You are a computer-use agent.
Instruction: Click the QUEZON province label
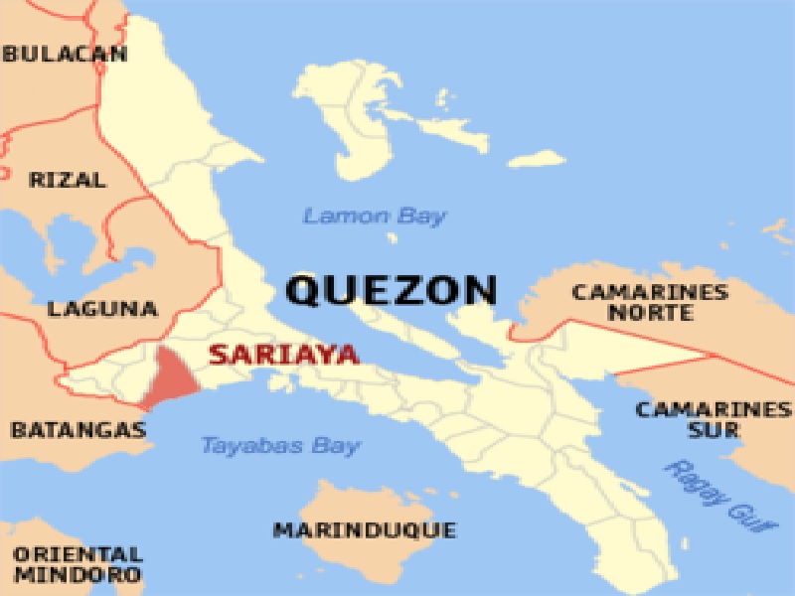391,290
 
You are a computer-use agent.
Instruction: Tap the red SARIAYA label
284,355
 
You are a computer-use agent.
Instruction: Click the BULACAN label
65,54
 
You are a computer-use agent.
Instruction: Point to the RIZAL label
68,180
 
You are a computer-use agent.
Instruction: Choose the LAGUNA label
102,309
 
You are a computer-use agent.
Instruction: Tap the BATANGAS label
79,430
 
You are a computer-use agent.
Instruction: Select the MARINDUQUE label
365,529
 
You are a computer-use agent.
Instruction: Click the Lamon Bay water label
375,216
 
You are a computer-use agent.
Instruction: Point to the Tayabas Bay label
280,445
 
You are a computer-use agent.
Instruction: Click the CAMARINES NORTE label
650,302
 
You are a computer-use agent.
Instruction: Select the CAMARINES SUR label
713,419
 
